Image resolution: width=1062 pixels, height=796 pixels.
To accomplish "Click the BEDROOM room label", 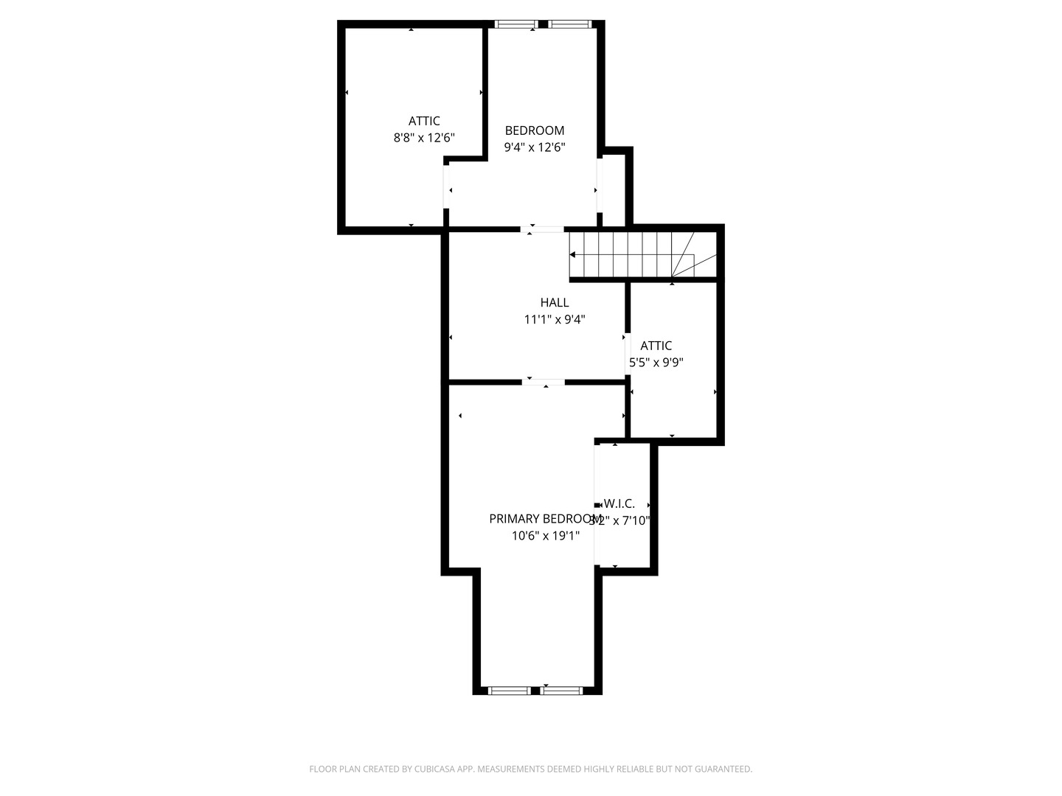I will pyautogui.click(x=534, y=130).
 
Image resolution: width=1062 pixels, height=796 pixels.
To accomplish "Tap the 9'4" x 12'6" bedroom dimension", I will pyautogui.click(x=534, y=147).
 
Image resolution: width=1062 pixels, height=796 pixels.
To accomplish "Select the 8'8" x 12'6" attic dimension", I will pyautogui.click(x=424, y=137).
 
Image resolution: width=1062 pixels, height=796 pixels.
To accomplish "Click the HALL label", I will pyautogui.click(x=555, y=302).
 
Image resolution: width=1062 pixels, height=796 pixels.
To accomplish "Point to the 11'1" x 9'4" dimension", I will pyautogui.click(x=555, y=319).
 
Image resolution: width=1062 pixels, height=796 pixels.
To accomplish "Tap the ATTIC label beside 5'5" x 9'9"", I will pyautogui.click(x=656, y=346).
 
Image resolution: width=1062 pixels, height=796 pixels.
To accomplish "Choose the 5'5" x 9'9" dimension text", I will pyautogui.click(x=656, y=363).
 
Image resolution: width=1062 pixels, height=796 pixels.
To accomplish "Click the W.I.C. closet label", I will pyautogui.click(x=619, y=504).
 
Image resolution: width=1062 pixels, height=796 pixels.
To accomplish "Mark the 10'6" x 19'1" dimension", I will pyautogui.click(x=546, y=536).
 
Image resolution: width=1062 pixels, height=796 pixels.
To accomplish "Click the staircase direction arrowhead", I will pyautogui.click(x=572, y=255).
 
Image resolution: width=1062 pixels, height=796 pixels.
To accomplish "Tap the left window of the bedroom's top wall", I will pyautogui.click(x=516, y=24).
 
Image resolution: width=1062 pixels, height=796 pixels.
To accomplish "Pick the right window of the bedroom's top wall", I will pyautogui.click(x=570, y=24).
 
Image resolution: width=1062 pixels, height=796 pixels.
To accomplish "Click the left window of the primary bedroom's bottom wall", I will pyautogui.click(x=510, y=691).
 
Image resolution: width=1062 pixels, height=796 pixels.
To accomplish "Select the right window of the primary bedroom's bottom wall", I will pyautogui.click(x=562, y=691).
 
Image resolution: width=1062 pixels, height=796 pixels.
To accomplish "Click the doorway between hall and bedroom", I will pyautogui.click(x=544, y=229).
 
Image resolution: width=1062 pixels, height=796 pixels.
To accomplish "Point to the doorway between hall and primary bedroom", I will pyautogui.click(x=544, y=382).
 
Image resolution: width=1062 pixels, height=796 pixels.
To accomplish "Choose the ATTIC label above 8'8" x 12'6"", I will pyautogui.click(x=424, y=121).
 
